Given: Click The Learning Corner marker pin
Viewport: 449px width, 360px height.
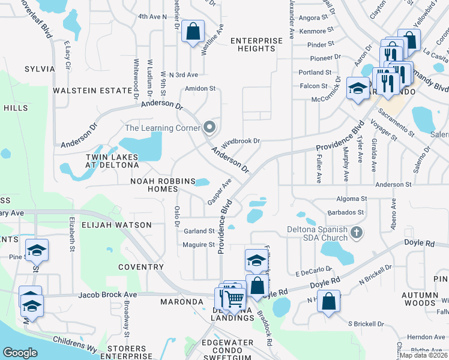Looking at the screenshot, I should click(209, 127).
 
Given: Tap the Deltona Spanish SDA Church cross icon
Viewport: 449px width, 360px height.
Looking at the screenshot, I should click(357, 232).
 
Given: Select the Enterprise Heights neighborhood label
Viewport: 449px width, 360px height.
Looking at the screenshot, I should click(256, 44).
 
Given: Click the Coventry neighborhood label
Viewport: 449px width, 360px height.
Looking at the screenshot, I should click(141, 267).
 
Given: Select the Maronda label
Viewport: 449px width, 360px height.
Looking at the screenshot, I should click(182, 302).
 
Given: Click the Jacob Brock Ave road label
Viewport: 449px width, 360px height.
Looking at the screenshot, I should click(107, 295).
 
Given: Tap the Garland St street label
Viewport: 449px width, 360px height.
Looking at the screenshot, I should click(199, 231).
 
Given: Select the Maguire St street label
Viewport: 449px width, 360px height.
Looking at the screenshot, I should click(199, 245).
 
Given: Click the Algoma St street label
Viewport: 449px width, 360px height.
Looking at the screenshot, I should click(352, 199).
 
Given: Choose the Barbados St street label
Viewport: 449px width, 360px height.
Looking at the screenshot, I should click(346, 212).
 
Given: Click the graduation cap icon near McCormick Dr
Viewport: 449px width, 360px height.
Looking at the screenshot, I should click(358, 89).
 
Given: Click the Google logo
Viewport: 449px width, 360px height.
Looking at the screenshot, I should click(20, 352).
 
